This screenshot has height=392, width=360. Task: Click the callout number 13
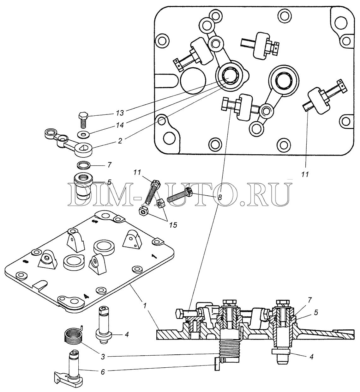coord(120,113)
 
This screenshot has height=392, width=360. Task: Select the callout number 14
coord(120,125)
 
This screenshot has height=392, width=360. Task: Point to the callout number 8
coord(220,197)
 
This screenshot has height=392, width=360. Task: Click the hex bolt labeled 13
coord(83,120)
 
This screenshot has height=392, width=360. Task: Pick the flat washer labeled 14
coord(84,134)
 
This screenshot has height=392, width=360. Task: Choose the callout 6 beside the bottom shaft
coord(103,372)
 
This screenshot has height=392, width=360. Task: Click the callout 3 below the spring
coord(103,357)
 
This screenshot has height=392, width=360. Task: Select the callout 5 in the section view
coord(316,313)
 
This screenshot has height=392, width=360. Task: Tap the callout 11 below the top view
coord(305,174)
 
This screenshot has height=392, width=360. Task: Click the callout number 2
coord(120,141)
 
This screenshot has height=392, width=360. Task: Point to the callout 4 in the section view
coord(312,357)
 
